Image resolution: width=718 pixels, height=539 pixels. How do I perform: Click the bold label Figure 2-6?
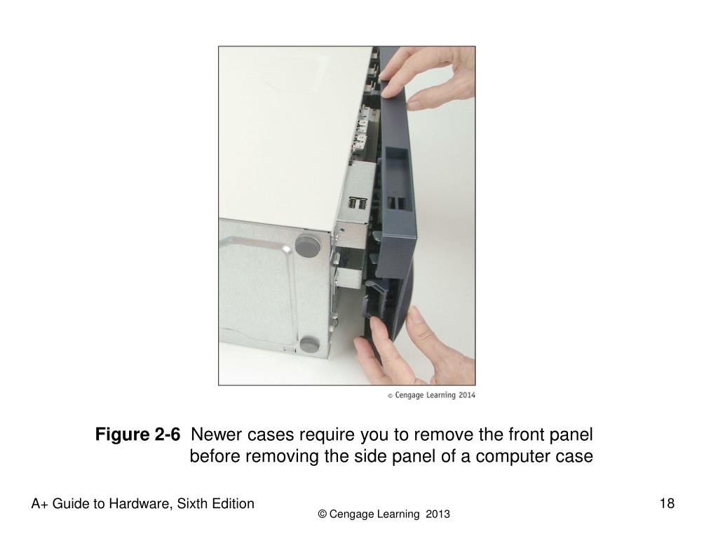coord(137,434)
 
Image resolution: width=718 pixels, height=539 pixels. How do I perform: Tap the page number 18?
coord(667,503)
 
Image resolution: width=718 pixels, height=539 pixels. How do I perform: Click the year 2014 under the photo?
coord(466,395)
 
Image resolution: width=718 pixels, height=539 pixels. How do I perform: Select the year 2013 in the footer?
coord(438,514)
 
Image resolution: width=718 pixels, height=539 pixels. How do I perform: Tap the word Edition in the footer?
coord(233,504)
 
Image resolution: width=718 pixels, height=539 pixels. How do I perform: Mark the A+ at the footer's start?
coord(39,504)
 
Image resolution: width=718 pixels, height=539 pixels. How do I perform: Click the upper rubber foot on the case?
coord(308,246)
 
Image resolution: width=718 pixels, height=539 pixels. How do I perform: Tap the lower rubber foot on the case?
coord(310,344)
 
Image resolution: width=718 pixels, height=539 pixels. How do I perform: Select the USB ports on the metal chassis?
coord(358,203)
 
